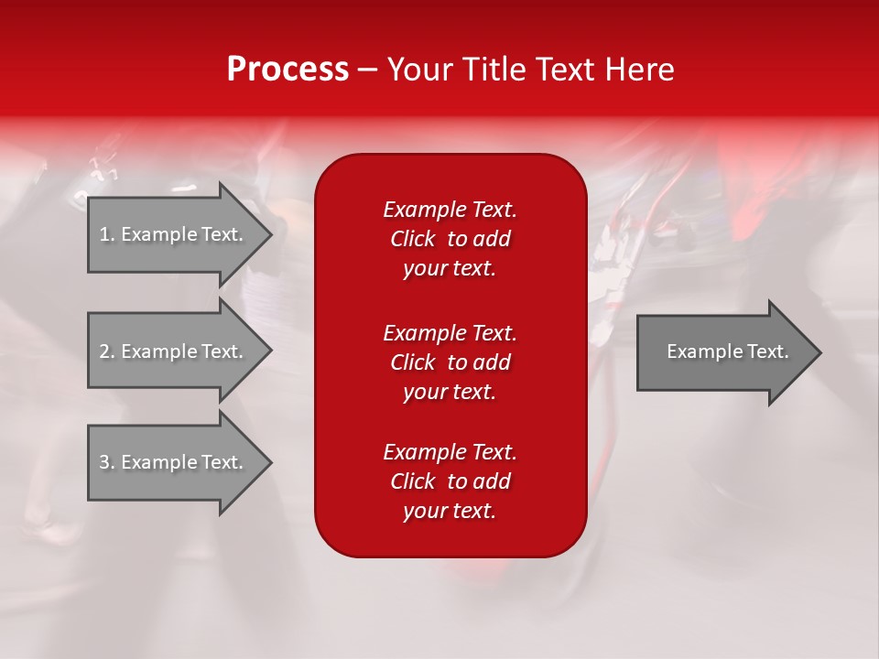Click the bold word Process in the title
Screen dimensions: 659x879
point(288,70)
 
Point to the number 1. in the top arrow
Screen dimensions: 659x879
point(107,234)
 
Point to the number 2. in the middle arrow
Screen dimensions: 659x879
point(107,351)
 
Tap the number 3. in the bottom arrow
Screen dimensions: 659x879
point(107,462)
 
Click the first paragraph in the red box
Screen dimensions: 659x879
point(450,239)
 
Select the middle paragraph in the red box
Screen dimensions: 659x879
point(450,362)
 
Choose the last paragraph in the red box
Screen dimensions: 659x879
point(450,481)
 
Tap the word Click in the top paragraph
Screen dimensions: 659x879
point(412,239)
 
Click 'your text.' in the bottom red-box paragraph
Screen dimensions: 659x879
point(450,511)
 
